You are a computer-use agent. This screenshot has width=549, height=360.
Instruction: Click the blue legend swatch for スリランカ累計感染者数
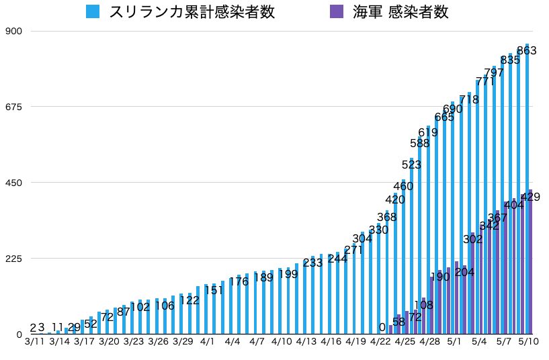(x=93, y=11)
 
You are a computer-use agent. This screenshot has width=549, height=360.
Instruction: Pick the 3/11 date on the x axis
(x=34, y=342)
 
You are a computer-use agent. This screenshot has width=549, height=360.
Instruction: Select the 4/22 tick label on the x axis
(x=380, y=342)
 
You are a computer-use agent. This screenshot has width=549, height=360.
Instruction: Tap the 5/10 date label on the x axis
(x=528, y=342)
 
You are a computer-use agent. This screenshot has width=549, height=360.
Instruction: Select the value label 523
(x=411, y=165)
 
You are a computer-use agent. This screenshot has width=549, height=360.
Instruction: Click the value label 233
(x=312, y=263)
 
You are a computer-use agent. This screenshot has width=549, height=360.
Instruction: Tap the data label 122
(x=189, y=300)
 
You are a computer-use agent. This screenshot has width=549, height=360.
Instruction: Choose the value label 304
(x=362, y=238)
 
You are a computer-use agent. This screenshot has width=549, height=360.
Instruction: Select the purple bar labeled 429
(x=530, y=269)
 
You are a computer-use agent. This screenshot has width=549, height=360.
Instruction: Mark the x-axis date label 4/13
(x=306, y=342)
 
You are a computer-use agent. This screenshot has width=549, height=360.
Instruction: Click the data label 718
(x=469, y=99)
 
